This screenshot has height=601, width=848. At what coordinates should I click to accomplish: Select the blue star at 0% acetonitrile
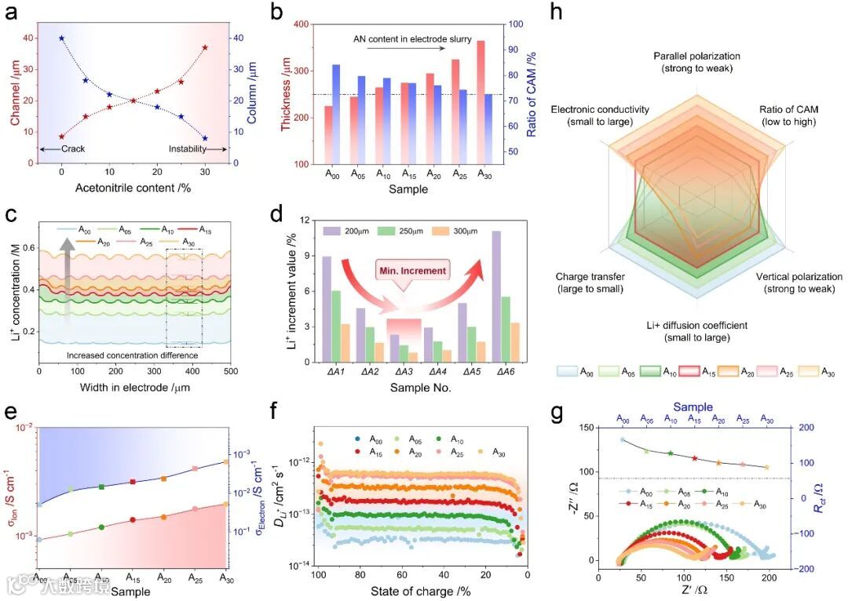pyautogui.click(x=61, y=38)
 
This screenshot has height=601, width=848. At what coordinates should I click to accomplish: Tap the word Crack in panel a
pyautogui.click(x=72, y=148)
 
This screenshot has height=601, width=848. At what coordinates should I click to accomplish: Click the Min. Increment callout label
pyautogui.click(x=423, y=271)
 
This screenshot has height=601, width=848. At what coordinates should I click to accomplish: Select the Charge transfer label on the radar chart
pyautogui.click(x=590, y=282)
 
